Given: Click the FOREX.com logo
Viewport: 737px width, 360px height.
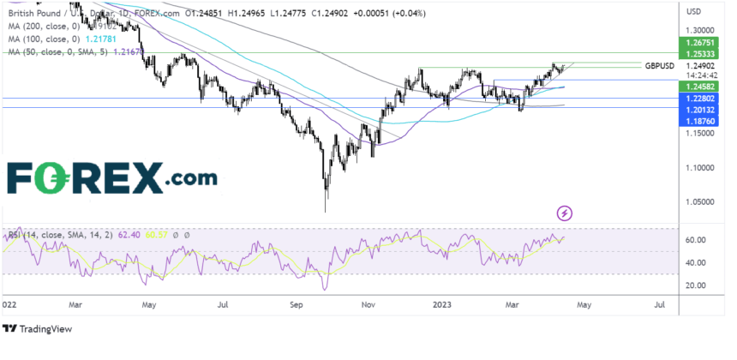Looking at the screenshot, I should click(112, 178).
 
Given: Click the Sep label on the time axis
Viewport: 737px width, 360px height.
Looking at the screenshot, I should click(297, 303).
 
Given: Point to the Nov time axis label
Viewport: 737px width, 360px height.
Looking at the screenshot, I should click(369, 303).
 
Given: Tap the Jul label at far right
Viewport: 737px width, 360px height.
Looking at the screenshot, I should click(661, 303).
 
